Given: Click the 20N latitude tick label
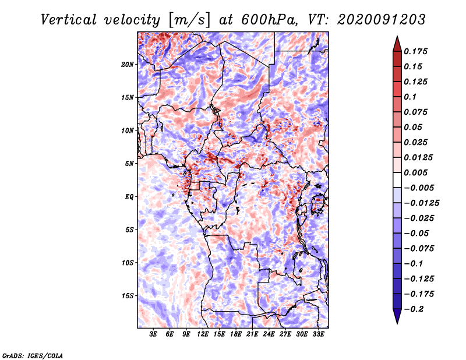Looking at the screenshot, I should (x=128, y=64).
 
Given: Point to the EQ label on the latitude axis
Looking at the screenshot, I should (x=129, y=196).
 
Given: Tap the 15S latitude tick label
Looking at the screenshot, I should (x=128, y=295).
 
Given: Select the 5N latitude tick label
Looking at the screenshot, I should (x=129, y=164).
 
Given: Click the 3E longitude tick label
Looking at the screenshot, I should (x=154, y=334).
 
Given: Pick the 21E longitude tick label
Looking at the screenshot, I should (x=252, y=334).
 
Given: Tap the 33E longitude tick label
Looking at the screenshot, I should (x=317, y=334).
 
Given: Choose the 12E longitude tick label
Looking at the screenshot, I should (x=203, y=334).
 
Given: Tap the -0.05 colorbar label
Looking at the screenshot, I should (x=416, y=234).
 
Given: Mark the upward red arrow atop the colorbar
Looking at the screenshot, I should (x=397, y=42).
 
